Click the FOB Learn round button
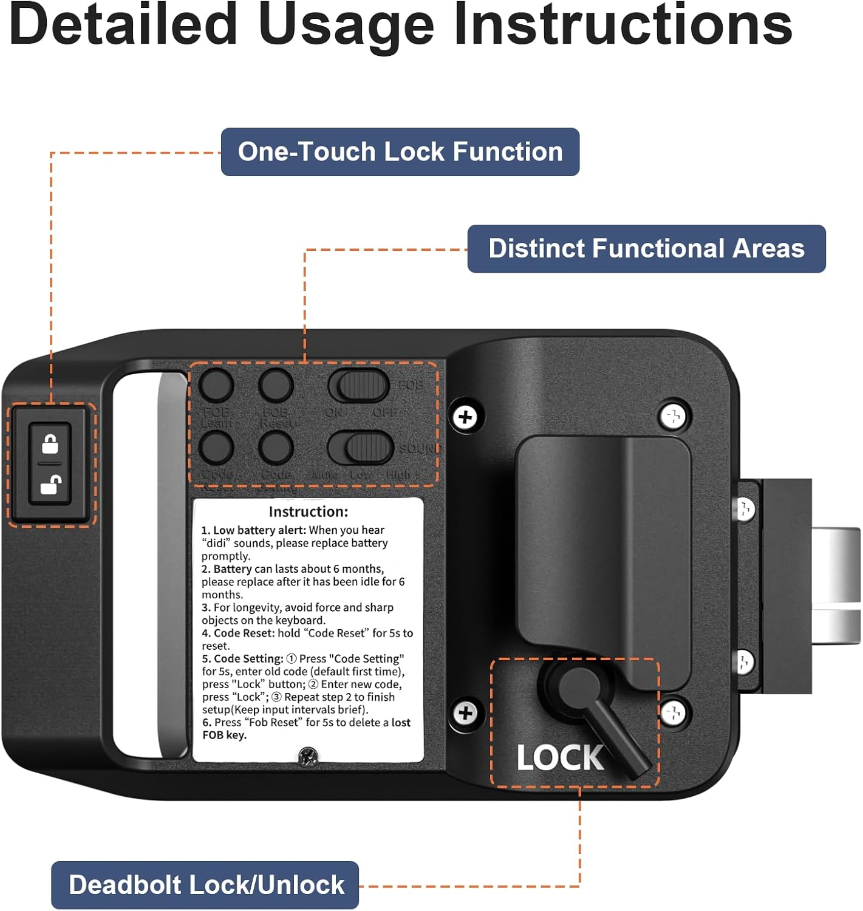pos(217,385)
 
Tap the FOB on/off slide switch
pos(359,385)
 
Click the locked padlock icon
pos(50,444)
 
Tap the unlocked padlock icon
pos(50,485)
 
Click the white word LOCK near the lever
pos(559,758)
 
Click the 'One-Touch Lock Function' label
pos(400,152)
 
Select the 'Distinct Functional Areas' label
pos(646,249)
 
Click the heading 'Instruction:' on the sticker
pos(308,511)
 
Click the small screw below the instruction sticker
pos(309,756)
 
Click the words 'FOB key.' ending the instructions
pos(224,735)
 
